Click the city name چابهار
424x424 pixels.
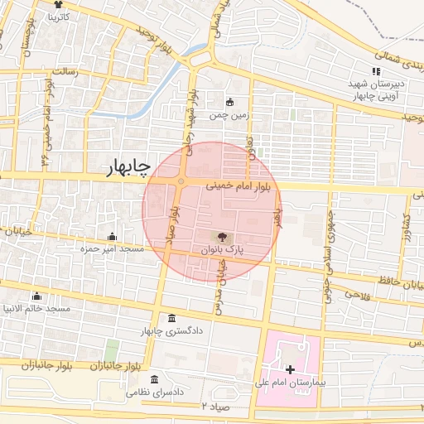tap(128, 168)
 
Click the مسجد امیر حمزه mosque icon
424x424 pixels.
tap(112, 236)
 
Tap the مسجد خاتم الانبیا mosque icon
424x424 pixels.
tap(36, 296)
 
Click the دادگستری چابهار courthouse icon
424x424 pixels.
tap(171, 320)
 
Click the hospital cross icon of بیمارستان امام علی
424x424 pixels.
tap(290, 369)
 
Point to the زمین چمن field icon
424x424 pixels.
tap(230, 102)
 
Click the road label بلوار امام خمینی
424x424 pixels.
tap(216, 188)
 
